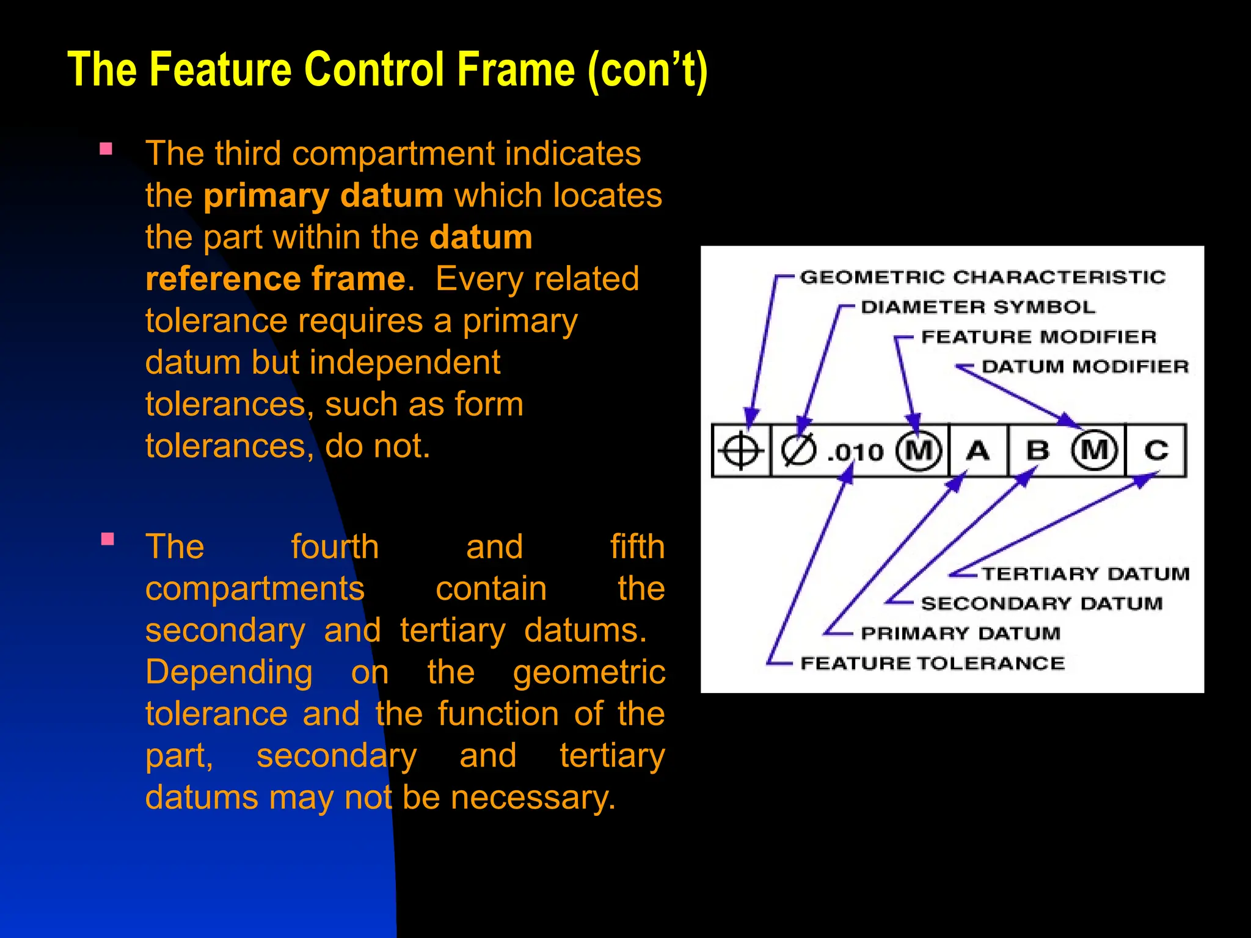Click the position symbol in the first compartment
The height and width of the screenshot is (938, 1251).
pyautogui.click(x=740, y=451)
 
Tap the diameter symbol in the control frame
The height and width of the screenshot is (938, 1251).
pyautogui.click(x=798, y=451)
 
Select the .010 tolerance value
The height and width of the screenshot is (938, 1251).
pyautogui.click(x=855, y=453)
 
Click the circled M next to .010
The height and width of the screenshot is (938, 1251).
pyautogui.click(x=918, y=451)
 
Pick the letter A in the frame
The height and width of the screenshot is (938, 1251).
pyautogui.click(x=978, y=451)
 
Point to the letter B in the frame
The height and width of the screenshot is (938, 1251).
pyautogui.click(x=1038, y=451)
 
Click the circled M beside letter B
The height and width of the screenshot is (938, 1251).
pyautogui.click(x=1095, y=451)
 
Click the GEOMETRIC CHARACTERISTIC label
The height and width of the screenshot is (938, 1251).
pyautogui.click(x=982, y=277)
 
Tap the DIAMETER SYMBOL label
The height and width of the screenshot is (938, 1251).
pyautogui.click(x=978, y=307)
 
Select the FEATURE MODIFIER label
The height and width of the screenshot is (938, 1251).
pyautogui.click(x=1038, y=337)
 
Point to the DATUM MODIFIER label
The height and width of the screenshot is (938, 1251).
pyautogui.click(x=1085, y=367)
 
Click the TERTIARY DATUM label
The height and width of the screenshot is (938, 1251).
pyautogui.click(x=1085, y=574)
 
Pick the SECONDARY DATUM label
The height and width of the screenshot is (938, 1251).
pyautogui.click(x=1041, y=604)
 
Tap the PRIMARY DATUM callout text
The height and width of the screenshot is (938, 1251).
pyautogui.click(x=960, y=633)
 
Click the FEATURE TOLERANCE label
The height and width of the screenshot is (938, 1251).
pyautogui.click(x=932, y=663)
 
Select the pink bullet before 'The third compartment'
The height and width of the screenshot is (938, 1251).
pyautogui.click(x=106, y=149)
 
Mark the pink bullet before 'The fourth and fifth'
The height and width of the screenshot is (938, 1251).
pyautogui.click(x=108, y=539)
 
